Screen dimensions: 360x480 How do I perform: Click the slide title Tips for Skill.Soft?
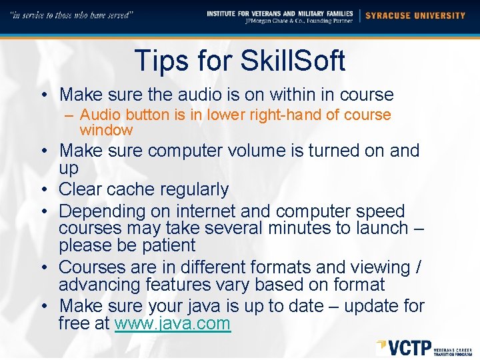[240, 61]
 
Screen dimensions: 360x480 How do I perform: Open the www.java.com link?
[173, 325]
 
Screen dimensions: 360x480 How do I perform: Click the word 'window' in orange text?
[106, 130]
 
